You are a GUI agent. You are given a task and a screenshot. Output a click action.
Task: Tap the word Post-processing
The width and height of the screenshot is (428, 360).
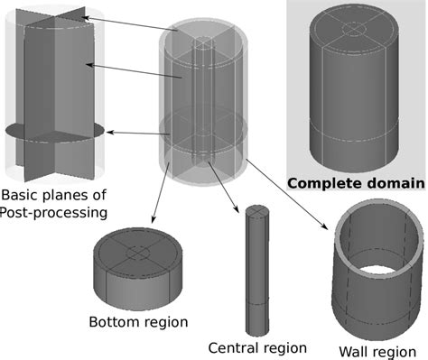[x=54, y=213]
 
